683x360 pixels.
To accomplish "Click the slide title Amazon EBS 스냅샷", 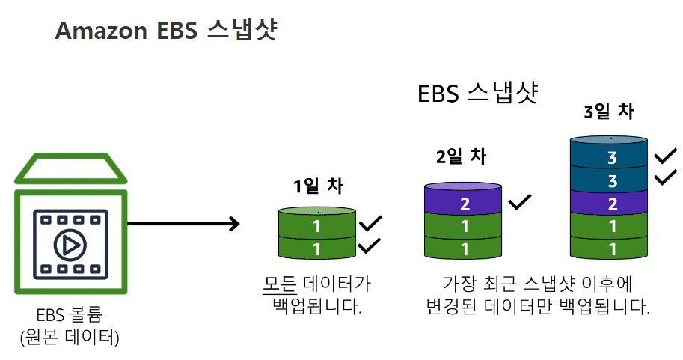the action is click(166, 30).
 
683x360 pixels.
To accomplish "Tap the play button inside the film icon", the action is click(70, 245).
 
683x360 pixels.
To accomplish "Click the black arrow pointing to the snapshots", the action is click(183, 224).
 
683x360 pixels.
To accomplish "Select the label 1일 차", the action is click(318, 186).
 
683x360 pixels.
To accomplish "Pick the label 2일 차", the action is click(461, 156).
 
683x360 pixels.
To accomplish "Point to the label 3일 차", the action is click(609, 111).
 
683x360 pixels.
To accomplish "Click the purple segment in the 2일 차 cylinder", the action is click(463, 204).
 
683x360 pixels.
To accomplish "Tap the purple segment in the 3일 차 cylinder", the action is click(608, 204).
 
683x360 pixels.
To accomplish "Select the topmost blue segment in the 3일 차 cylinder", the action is click(608, 156).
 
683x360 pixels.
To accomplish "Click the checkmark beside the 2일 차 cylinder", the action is click(520, 201).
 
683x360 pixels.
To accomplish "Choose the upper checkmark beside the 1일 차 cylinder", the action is click(370, 223).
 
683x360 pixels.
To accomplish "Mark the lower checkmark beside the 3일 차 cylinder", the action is click(666, 177).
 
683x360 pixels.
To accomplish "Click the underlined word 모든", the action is click(280, 284).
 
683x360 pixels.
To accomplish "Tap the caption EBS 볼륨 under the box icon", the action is click(70, 314).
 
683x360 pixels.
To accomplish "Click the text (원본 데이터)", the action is click(70, 337).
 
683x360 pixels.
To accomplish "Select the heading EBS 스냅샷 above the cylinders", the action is click(478, 93).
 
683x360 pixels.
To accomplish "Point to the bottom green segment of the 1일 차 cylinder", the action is click(317, 248).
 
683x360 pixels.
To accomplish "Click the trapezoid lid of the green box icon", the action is click(70, 168).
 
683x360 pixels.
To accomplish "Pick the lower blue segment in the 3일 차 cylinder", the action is click(608, 180).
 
